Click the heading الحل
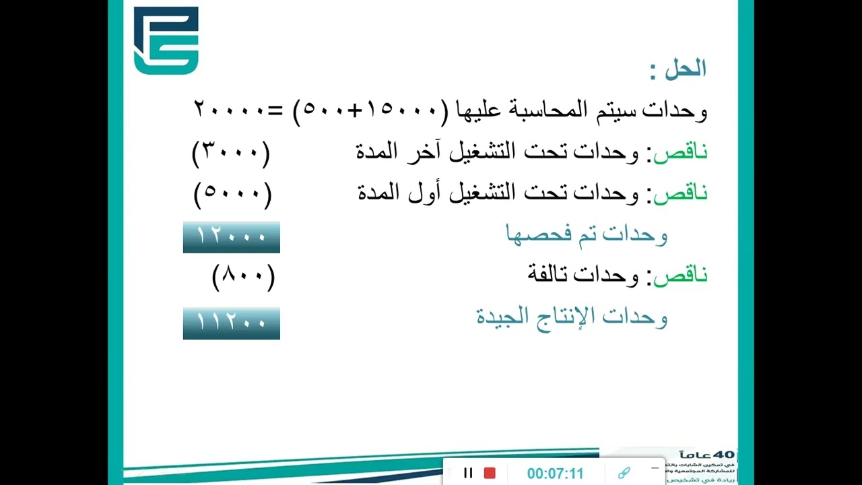click(684, 69)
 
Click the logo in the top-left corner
click(166, 40)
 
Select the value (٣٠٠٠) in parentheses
click(231, 154)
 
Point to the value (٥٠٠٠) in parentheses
click(232, 195)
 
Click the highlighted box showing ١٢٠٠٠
click(231, 237)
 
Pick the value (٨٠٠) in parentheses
click(244, 276)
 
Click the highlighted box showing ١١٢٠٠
click(231, 323)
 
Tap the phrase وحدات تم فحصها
click(586, 234)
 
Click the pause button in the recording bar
click(468, 473)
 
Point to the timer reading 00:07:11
click(555, 474)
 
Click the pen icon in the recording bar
click(624, 473)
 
